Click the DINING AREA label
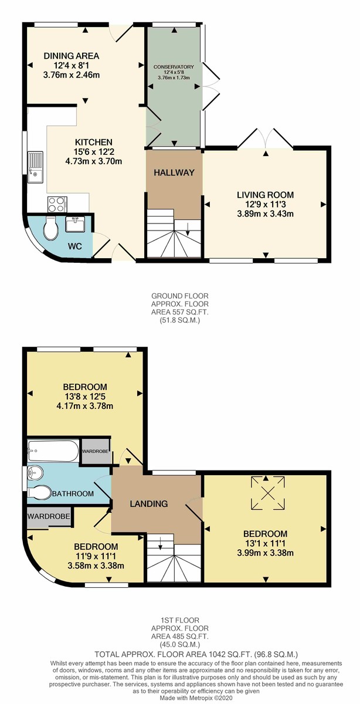click(x=72, y=56)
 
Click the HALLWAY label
click(x=174, y=172)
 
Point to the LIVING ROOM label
click(x=265, y=195)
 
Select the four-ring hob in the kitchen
click(x=56, y=205)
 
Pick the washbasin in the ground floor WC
click(x=74, y=225)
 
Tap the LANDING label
click(x=150, y=503)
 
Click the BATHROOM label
click(x=72, y=494)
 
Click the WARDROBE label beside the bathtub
click(x=95, y=451)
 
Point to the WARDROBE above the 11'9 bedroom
click(x=49, y=517)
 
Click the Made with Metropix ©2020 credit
click(x=179, y=697)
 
